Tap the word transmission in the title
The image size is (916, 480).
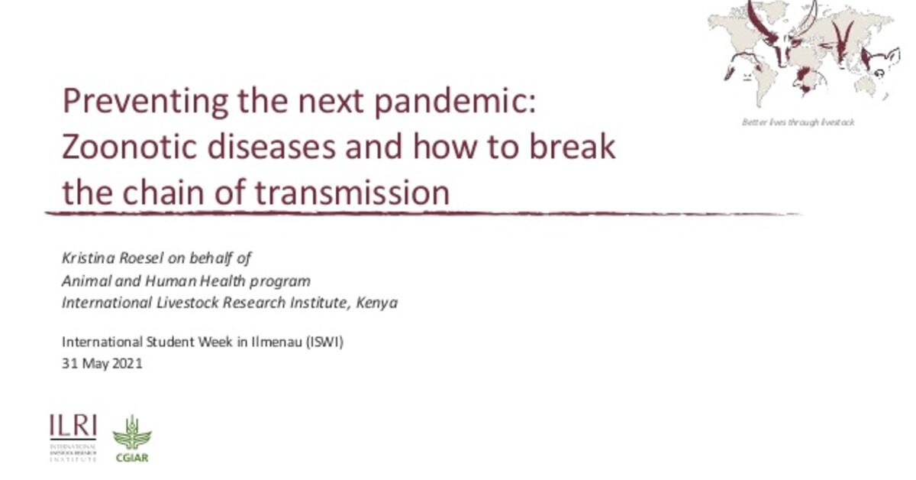pos(352,193)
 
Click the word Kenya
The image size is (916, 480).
pos(379,303)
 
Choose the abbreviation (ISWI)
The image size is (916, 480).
pos(324,342)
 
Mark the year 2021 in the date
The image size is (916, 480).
pos(127,364)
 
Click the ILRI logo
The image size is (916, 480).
pos(73,437)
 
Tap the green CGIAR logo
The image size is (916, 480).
pos(131,438)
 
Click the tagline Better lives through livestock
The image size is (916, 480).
pos(798,122)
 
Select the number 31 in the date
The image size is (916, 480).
pos(68,364)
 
